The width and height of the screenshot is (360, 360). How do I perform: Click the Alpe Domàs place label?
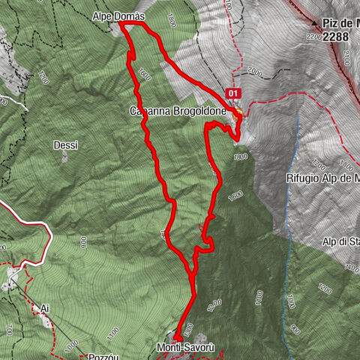[x=118, y=15]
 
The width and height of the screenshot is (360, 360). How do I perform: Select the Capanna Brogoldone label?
[x=177, y=112]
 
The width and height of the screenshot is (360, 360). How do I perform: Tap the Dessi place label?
[x=65, y=145]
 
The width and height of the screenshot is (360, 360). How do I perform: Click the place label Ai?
[x=45, y=308]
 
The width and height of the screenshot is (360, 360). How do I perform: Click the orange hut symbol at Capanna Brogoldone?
[x=238, y=114]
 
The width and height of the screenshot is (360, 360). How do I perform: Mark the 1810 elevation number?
[x=240, y=156]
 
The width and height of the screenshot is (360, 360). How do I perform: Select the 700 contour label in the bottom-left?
[x=8, y=329]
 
